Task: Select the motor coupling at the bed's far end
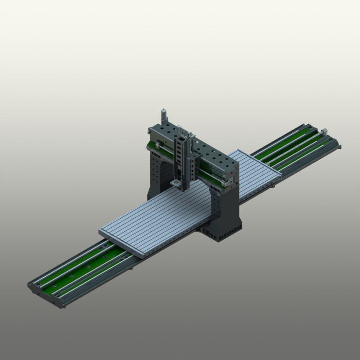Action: coord(323,131)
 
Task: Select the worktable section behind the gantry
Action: coord(254,171)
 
